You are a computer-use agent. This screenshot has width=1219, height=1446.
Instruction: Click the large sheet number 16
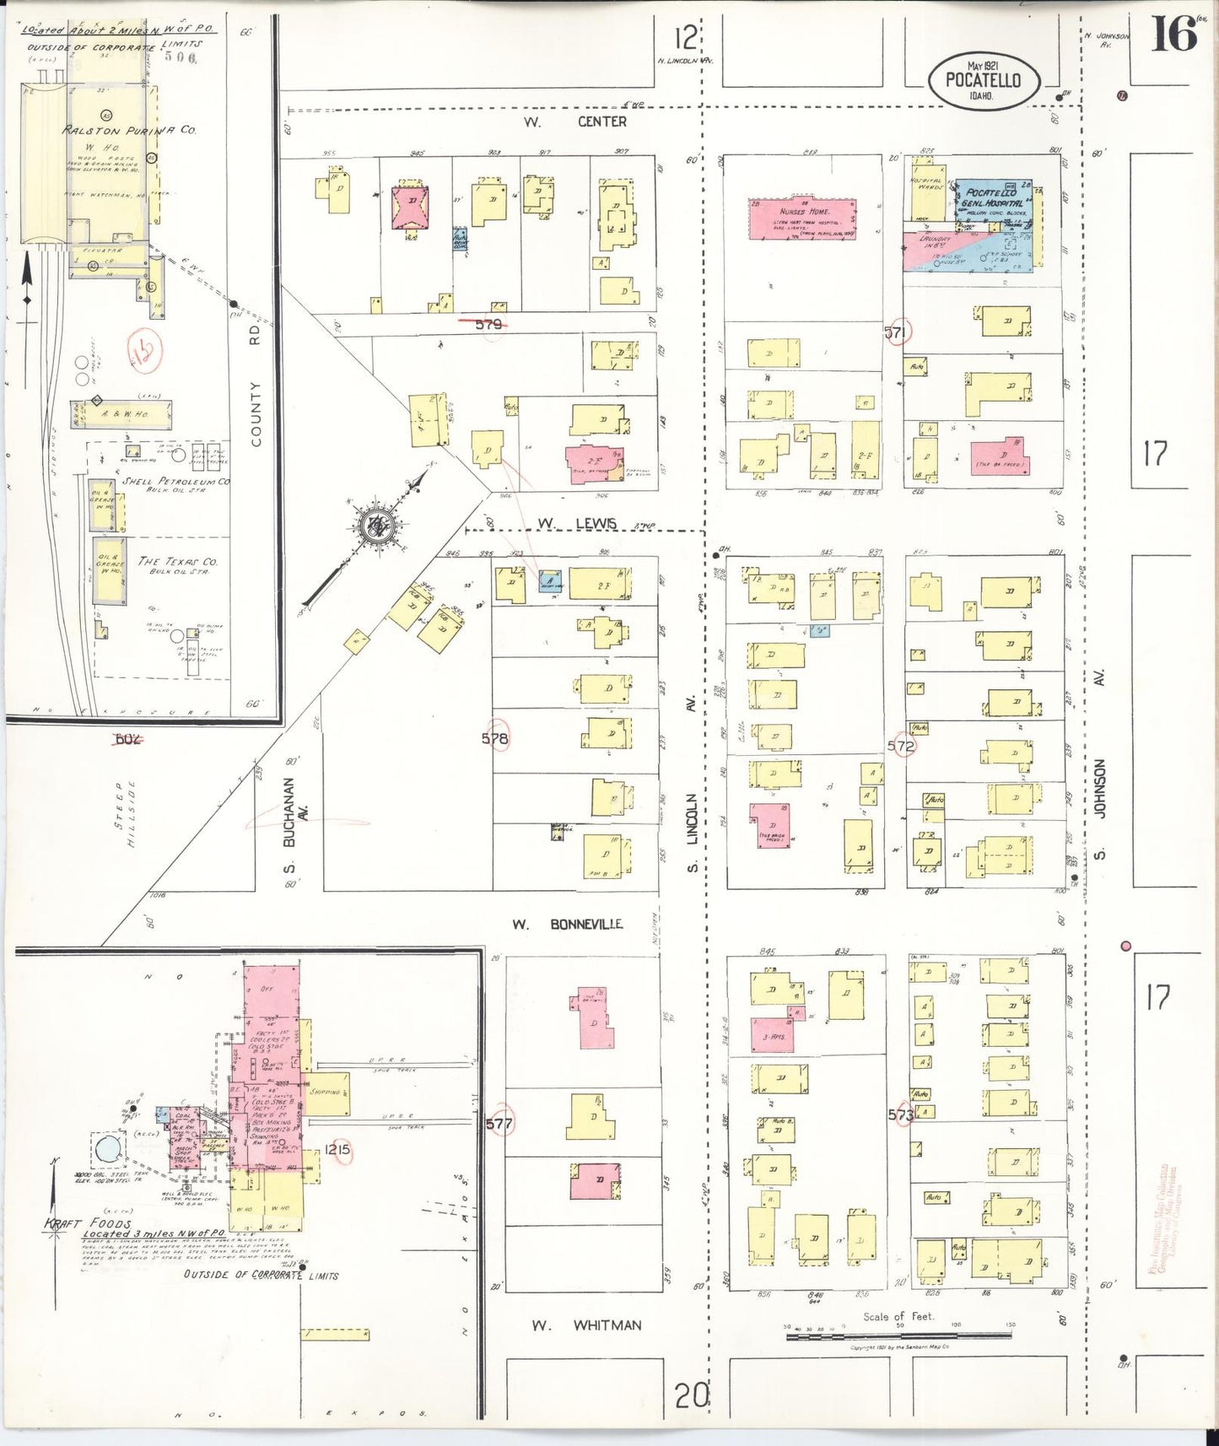pos(1173,35)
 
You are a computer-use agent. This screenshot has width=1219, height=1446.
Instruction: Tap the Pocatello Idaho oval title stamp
pos(983,82)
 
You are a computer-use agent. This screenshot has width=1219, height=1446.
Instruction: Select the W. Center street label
pos(574,121)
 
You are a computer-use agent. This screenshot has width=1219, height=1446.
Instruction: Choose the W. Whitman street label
pos(585,1325)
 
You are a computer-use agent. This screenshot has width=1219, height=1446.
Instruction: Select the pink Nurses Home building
pos(802,219)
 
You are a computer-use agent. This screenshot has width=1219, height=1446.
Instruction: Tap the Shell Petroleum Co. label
pos(175,482)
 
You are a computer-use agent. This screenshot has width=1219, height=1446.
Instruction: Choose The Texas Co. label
pos(177,563)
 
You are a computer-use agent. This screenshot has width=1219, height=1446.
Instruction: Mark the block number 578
pos(495,738)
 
